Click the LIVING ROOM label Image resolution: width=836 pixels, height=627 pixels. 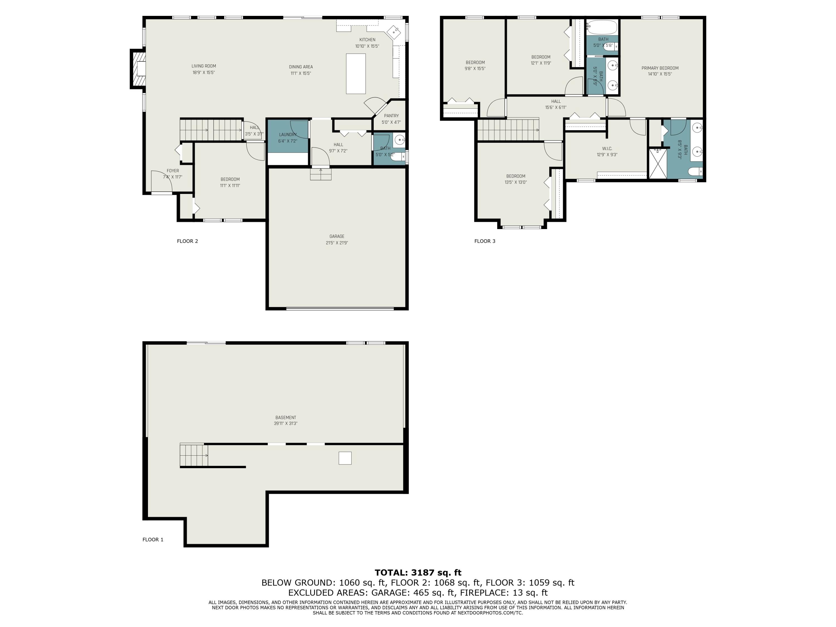click(204, 66)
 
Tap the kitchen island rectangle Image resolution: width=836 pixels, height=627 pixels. click(356, 74)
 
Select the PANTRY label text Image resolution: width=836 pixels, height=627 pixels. click(391, 116)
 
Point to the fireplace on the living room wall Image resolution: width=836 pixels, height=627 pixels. click(138, 69)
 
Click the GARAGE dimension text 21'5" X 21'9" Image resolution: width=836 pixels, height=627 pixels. click(337, 243)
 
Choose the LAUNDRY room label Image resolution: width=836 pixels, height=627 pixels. click(288, 135)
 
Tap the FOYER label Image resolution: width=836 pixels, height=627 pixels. click(173, 171)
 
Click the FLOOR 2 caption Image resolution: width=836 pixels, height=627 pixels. click(188, 241)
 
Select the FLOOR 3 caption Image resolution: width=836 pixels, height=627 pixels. click(485, 241)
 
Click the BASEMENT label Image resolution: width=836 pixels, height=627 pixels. click(286, 418)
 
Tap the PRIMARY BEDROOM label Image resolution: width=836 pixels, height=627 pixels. click(660, 68)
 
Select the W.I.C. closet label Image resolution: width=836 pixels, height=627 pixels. click(607, 149)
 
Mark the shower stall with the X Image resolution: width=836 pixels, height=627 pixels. click(658, 164)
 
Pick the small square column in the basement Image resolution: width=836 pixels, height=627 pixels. click(345, 458)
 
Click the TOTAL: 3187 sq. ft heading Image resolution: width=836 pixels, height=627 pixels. click(418, 573)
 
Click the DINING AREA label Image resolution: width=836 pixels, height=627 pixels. click(301, 67)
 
